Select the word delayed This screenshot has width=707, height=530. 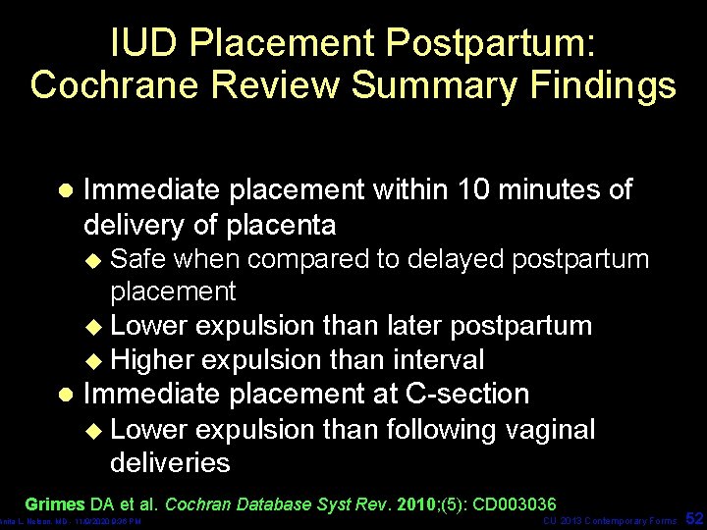click(455, 259)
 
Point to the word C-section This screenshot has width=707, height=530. click(467, 395)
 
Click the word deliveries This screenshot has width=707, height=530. click(170, 462)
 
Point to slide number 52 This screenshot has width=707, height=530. click(694, 517)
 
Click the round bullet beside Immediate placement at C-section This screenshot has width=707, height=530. click(65, 395)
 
